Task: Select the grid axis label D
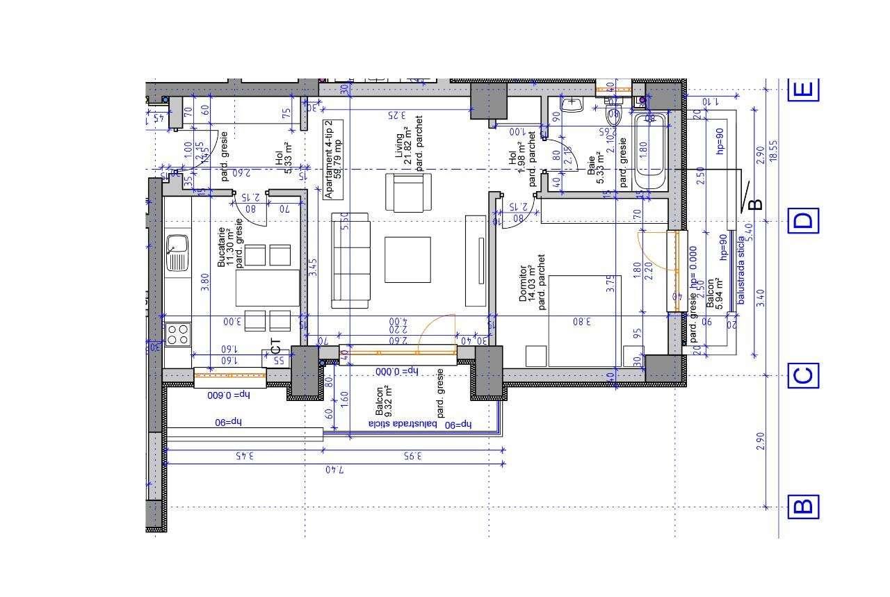click(803, 221)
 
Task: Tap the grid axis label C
click(803, 376)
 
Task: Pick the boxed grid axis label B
click(803, 506)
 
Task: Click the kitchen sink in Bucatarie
click(177, 252)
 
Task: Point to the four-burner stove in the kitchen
click(177, 334)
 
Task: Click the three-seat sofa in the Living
click(350, 260)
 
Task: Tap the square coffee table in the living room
click(407, 260)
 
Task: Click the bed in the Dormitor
click(583, 320)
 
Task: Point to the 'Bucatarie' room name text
click(222, 247)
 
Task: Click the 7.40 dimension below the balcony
click(334, 470)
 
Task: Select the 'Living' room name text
click(400, 147)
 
